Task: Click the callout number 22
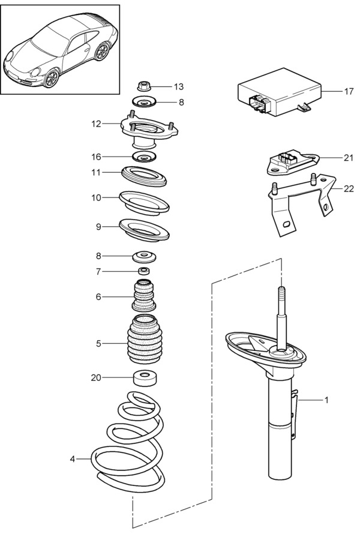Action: pyautogui.click(x=349, y=189)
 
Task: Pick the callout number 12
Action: pyautogui.click(x=97, y=124)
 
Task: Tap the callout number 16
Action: pyautogui.click(x=97, y=157)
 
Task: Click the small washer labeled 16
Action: pyautogui.click(x=143, y=158)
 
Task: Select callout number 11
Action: pyautogui.click(x=97, y=173)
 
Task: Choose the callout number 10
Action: pyautogui.click(x=97, y=197)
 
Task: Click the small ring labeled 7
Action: pyautogui.click(x=143, y=271)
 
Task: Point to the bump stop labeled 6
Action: pyautogui.click(x=143, y=296)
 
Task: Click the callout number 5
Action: pyautogui.click(x=98, y=343)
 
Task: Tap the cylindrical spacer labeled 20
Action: pyautogui.click(x=143, y=378)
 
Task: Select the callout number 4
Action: pyautogui.click(x=73, y=459)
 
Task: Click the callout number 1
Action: pyautogui.click(x=326, y=400)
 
